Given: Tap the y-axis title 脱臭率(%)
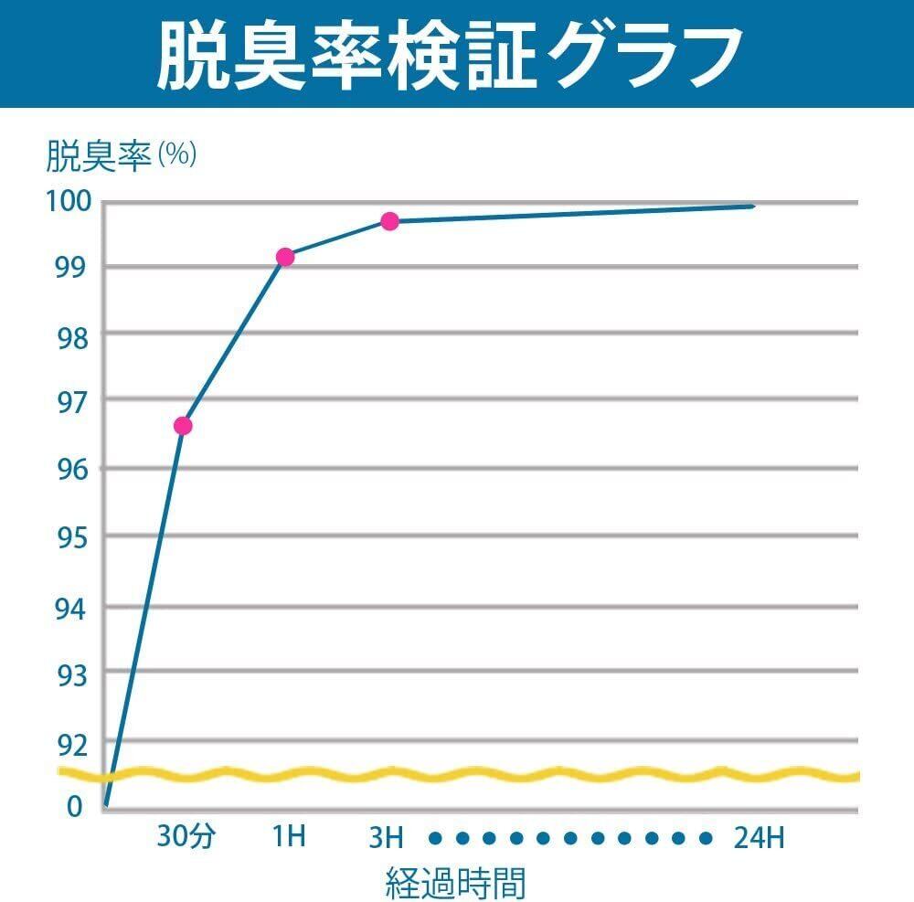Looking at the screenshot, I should [x=122, y=155].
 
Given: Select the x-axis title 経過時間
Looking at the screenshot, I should [x=456, y=882].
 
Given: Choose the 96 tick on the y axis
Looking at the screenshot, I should [x=69, y=470].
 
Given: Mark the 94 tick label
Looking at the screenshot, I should [x=69, y=607].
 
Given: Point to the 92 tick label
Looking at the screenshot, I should [x=69, y=745].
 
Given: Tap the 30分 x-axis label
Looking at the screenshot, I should [x=185, y=837].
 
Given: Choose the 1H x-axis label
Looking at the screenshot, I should [x=289, y=837].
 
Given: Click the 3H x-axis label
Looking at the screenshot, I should [x=386, y=837].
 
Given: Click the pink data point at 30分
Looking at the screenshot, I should [x=183, y=426].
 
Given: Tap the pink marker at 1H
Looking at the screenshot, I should [x=285, y=257].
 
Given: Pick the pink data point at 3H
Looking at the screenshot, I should [x=390, y=221].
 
